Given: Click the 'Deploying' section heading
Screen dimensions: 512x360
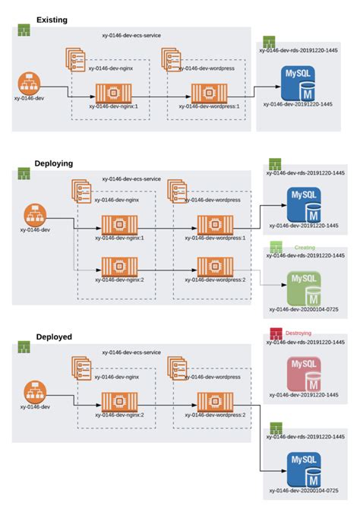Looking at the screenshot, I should pyautogui.click(x=55, y=163).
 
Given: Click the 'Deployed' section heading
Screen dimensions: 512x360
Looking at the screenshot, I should pyautogui.click(x=53, y=337).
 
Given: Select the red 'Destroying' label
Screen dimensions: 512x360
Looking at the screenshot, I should pyautogui.click(x=300, y=333).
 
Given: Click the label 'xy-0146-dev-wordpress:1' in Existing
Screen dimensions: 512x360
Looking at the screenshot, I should pyautogui.click(x=210, y=107).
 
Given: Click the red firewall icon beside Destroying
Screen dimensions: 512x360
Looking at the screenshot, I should pyautogui.click(x=275, y=333).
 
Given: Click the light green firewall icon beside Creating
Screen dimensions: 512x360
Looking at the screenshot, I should pyautogui.click(x=275, y=248).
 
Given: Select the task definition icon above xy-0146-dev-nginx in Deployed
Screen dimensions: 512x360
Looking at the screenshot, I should pyautogui.click(x=81, y=365).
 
